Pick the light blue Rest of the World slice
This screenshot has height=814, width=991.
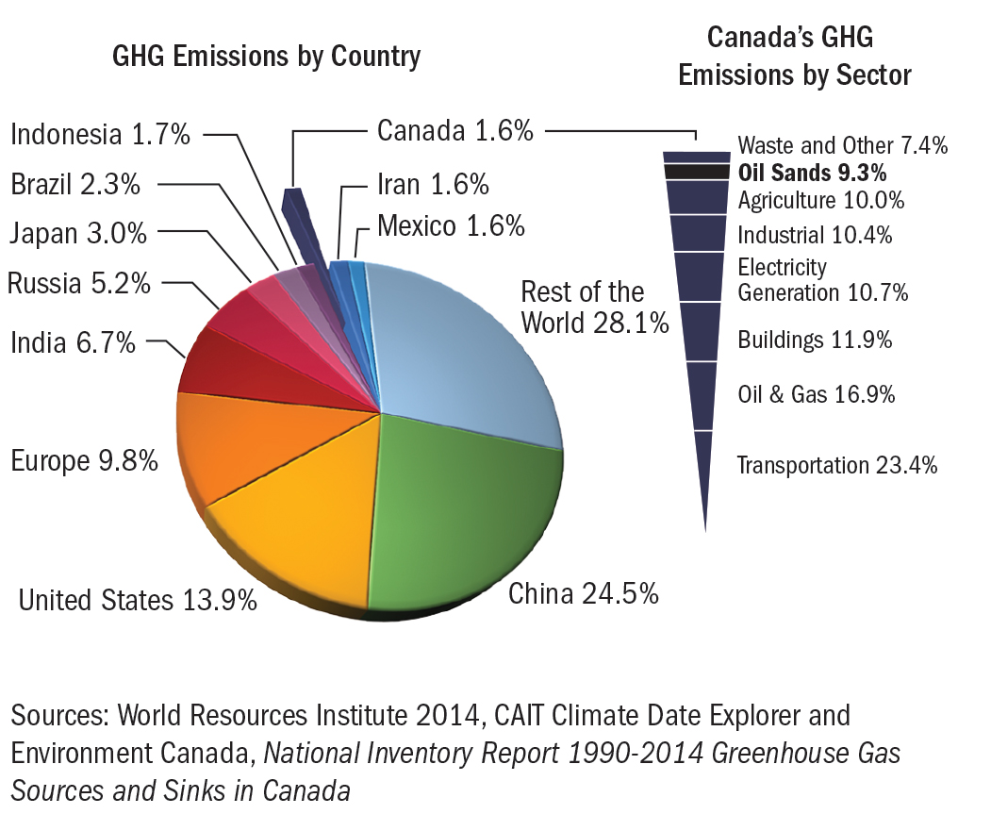point(462,349)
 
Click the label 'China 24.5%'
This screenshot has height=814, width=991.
point(583,594)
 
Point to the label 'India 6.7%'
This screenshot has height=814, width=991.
point(73,342)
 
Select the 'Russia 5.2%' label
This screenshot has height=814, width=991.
point(78,282)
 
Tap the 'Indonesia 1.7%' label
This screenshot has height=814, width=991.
point(101,134)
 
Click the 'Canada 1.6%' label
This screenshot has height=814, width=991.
point(455,131)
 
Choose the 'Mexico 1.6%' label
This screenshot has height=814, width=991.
point(451,225)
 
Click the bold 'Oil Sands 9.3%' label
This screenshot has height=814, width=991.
point(813,174)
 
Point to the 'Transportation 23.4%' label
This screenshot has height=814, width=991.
point(836,465)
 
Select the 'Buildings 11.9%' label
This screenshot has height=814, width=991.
point(815,340)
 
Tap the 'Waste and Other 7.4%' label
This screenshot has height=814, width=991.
point(842,145)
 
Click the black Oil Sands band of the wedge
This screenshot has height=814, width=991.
point(697,172)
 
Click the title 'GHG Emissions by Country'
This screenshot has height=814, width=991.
point(266,56)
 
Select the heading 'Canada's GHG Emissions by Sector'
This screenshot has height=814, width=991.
point(795,56)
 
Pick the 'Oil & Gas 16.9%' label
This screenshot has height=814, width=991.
point(816,393)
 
